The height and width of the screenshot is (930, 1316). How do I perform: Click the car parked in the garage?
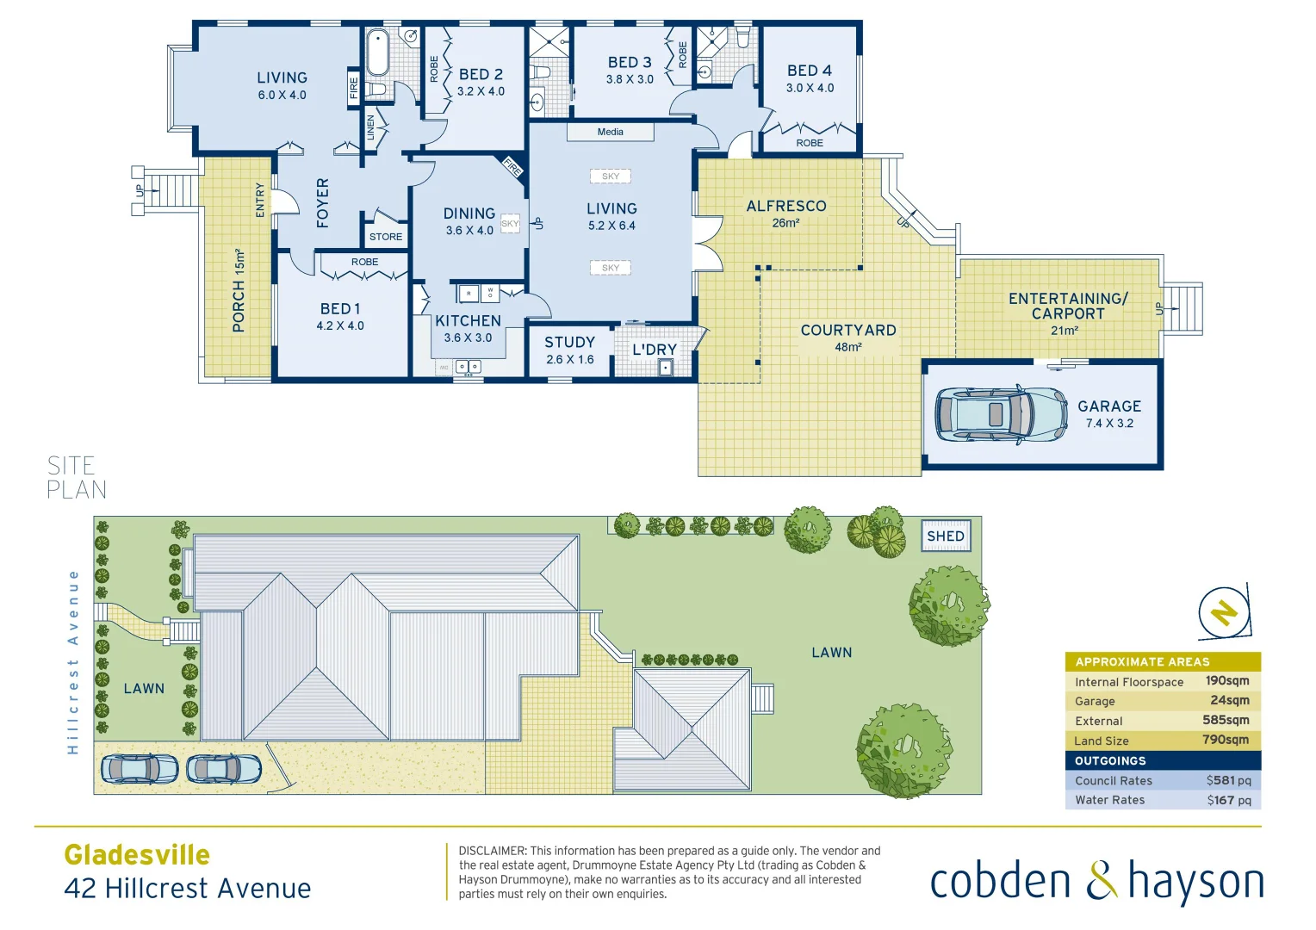[x=1000, y=414]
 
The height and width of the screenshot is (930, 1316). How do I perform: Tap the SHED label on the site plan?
[x=945, y=536]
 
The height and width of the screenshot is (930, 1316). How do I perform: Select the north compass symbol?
[x=1224, y=612]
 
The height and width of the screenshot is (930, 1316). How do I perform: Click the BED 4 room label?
[x=809, y=71]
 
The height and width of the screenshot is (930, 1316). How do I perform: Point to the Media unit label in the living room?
[x=610, y=132]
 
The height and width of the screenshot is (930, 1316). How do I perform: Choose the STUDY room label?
[x=569, y=342]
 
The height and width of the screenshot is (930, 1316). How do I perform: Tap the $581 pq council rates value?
[x=1228, y=780]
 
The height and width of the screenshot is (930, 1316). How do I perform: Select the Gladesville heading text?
[x=137, y=854]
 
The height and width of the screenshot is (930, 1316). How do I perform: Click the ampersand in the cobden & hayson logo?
[x=1100, y=882]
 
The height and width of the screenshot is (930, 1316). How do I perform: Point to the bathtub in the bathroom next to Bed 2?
[x=377, y=53]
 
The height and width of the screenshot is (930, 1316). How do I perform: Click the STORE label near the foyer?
[x=385, y=237]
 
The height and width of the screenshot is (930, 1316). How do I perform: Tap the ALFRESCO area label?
[x=785, y=206]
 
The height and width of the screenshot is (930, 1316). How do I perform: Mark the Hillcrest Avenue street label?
[x=73, y=661]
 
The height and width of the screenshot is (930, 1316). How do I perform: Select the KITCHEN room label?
[x=468, y=320]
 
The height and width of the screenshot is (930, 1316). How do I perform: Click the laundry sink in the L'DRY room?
[x=665, y=368]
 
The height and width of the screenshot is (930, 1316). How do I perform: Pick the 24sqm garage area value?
[x=1229, y=700]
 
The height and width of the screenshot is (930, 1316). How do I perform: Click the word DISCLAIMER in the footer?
[x=492, y=851]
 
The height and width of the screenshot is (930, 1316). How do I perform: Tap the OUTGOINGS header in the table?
[x=1110, y=760]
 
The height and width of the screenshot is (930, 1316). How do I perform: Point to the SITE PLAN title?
[x=77, y=478]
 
